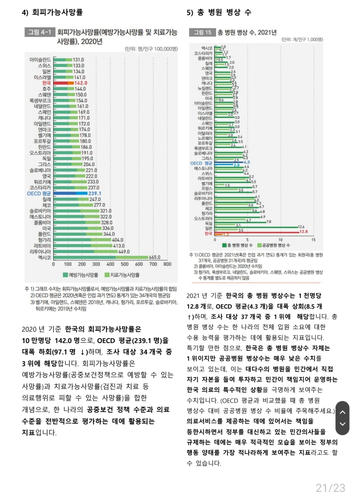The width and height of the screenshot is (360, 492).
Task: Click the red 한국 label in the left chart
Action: pyautogui.click(x=46, y=83)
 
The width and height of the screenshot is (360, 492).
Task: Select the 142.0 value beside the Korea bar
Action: pyautogui.click(x=81, y=83)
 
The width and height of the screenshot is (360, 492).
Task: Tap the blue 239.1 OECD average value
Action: pyautogui.click(x=95, y=194)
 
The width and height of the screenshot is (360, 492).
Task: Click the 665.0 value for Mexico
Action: pyautogui.click(x=154, y=258)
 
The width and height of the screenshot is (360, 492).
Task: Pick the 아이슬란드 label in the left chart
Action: pyautogui.click(x=40, y=60)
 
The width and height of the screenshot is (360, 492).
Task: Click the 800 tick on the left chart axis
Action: pyautogui.click(x=167, y=264)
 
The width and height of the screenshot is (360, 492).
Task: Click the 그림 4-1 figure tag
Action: pyautogui.click(x=39, y=32)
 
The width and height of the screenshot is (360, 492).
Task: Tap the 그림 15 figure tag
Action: pyautogui.click(x=202, y=32)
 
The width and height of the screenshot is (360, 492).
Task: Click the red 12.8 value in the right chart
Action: pyautogui.click(x=303, y=232)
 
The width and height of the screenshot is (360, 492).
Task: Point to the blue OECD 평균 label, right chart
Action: pyautogui.click(x=201, y=163)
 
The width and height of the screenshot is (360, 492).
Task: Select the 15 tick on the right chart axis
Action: pyautogui.click(x=313, y=240)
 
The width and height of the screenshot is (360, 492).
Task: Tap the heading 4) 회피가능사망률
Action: pyautogui.click(x=52, y=13)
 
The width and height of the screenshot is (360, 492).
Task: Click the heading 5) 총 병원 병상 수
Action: pyautogui.click(x=219, y=13)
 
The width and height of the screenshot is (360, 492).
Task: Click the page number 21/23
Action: pyautogui.click(x=330, y=487)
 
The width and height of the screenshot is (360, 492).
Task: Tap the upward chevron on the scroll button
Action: pyautogui.click(x=342, y=412)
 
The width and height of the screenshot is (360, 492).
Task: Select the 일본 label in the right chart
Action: pyautogui.click(x=208, y=228)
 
